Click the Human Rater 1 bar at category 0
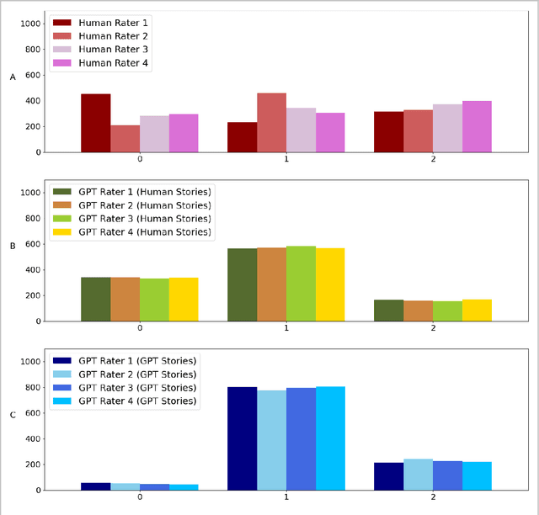click(95, 123)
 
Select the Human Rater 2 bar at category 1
click(271, 123)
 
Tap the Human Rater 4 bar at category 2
click(477, 127)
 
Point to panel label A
click(13, 77)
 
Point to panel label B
click(13, 247)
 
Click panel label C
click(13, 415)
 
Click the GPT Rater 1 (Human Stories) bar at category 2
click(388, 311)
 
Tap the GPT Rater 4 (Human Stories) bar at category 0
click(184, 300)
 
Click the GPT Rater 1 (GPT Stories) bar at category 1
click(242, 438)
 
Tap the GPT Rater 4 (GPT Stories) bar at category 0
click(184, 487)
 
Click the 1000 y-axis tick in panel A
click(29, 24)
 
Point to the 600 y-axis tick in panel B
click(32, 244)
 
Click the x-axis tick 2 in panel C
click(433, 497)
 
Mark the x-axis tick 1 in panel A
click(286, 160)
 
